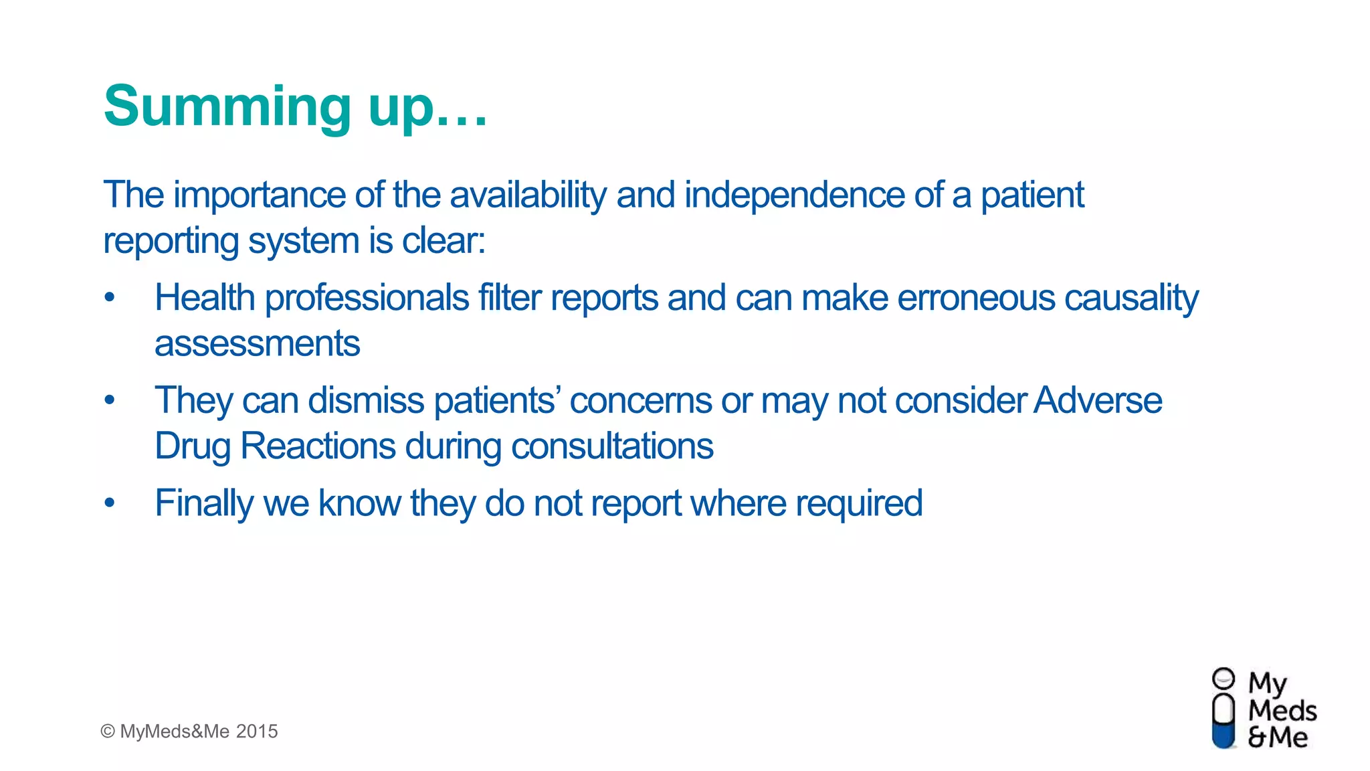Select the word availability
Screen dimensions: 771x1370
(x=528, y=195)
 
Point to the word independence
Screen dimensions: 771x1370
(x=794, y=195)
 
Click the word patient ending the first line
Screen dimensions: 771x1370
(x=1032, y=195)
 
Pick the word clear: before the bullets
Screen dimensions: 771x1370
(x=443, y=240)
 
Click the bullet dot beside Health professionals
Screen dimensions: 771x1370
(x=110, y=297)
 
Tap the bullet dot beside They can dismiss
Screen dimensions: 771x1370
(x=110, y=400)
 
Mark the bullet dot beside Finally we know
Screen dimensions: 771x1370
(x=110, y=503)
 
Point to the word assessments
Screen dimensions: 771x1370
(x=258, y=343)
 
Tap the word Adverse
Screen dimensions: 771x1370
(x=1098, y=400)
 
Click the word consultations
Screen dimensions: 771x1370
(x=612, y=446)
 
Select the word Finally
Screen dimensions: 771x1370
(x=204, y=503)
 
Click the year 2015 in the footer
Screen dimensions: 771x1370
(x=257, y=732)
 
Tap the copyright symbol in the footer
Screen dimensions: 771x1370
(x=108, y=732)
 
